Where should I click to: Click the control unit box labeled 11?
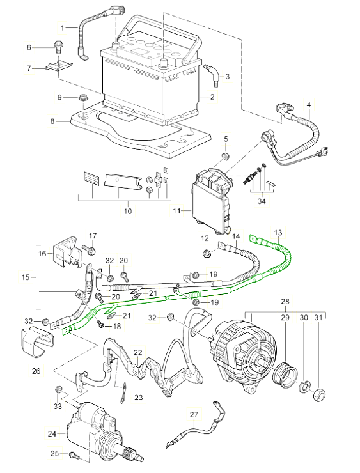(x=210, y=195)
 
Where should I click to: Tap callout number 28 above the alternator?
(x=285, y=300)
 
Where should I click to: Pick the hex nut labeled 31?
(x=318, y=391)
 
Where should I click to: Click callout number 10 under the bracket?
(x=127, y=211)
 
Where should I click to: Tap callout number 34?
(x=260, y=201)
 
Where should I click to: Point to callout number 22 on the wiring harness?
(x=137, y=352)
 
